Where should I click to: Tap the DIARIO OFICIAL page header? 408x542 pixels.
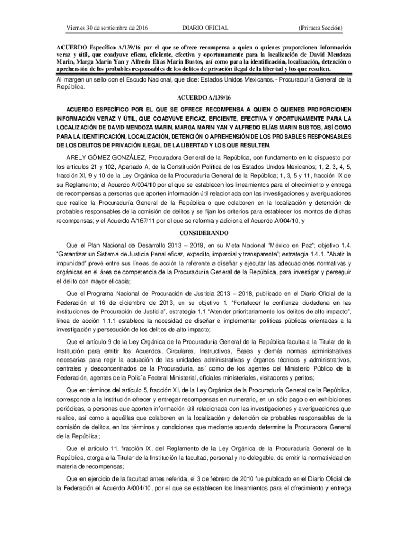pyautogui.click(x=205, y=27)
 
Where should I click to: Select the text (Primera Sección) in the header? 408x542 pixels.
pyautogui.click(x=320, y=27)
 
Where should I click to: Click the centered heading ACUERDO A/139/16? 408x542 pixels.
pyautogui.click(x=204, y=98)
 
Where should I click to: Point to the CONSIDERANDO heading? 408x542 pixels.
pyautogui.click(x=204, y=233)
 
